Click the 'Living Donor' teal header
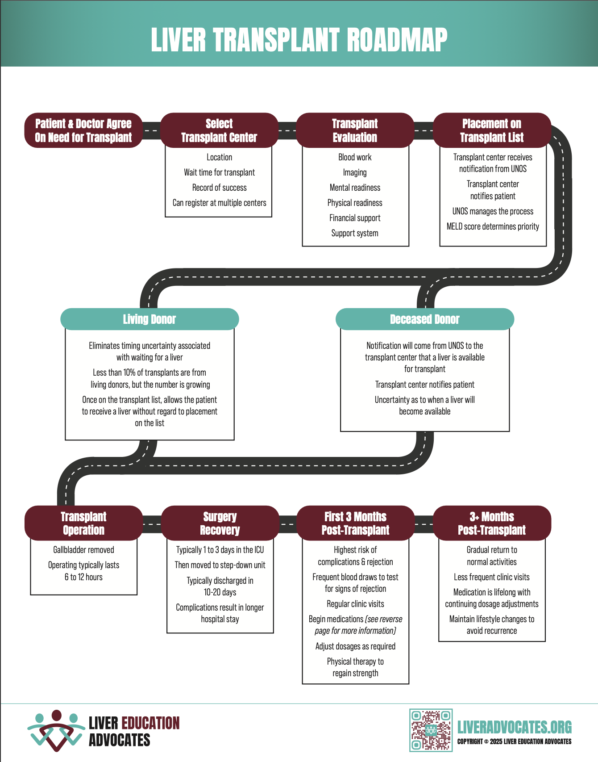coord(149,319)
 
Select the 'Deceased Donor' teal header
coord(424,319)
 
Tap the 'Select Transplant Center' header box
coord(219,130)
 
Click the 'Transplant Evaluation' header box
coord(355,130)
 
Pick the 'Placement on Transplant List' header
coord(492,130)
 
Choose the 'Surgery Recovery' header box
coord(220,523)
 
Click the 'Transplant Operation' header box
coord(83,523)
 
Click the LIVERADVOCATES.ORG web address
coord(514,727)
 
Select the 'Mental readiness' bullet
coord(355,188)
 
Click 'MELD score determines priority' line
coord(493,226)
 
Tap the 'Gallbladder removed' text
coord(83,550)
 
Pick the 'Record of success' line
coord(219,188)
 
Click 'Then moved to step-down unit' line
coord(220,565)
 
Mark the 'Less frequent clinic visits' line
coord(492,577)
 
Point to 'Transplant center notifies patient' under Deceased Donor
coord(424,385)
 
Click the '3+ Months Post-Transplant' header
coord(492,523)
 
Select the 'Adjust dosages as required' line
coord(355,646)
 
